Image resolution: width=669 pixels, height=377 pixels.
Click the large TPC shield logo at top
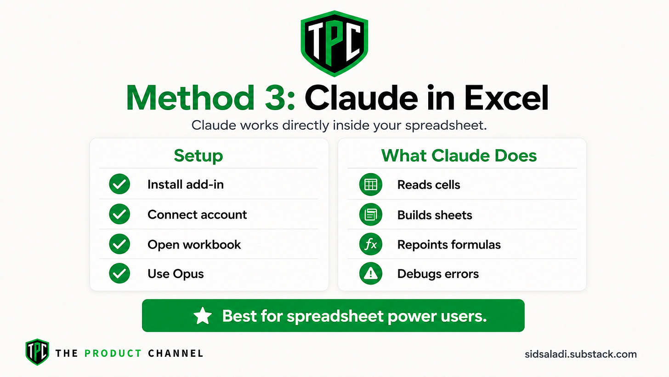click(334, 43)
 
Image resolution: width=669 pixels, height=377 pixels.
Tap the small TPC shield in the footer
click(37, 352)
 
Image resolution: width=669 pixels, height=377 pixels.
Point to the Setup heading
click(198, 156)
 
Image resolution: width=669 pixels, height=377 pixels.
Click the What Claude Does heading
click(459, 156)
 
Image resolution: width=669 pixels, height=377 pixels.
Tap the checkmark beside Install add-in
click(119, 184)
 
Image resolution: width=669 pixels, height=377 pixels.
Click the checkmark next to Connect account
click(119, 214)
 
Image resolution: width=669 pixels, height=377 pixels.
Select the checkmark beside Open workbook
click(119, 244)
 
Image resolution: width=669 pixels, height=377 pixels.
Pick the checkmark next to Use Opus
click(119, 273)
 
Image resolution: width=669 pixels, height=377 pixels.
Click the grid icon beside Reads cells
click(371, 184)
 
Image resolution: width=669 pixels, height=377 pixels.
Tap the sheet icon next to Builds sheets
click(371, 214)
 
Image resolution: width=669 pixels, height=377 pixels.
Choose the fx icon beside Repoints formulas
click(371, 244)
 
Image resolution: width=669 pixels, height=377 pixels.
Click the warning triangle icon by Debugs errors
click(371, 273)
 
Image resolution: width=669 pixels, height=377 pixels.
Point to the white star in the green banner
click(203, 316)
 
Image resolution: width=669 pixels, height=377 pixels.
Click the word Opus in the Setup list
click(188, 274)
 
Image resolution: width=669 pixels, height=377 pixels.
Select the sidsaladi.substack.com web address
click(581, 354)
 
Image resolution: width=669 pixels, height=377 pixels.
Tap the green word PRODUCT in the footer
click(113, 354)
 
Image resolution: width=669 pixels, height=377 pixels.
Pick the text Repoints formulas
click(449, 245)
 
